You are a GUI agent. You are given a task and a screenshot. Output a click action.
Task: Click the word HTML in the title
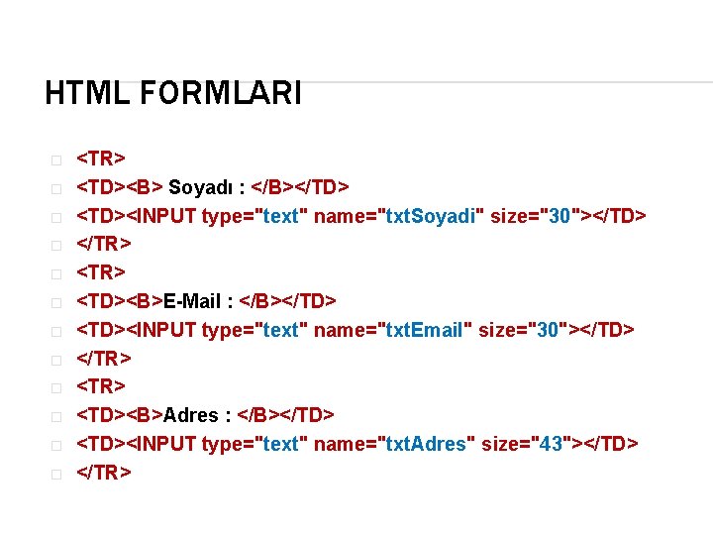(84, 94)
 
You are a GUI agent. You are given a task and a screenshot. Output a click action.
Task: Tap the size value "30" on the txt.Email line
(548, 330)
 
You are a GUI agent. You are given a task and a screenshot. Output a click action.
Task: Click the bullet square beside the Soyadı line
(56, 188)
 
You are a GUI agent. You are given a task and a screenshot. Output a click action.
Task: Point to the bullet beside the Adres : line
(56, 416)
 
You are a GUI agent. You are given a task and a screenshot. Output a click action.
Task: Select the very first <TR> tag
(101, 159)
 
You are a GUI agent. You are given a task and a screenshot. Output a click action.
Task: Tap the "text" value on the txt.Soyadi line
(281, 216)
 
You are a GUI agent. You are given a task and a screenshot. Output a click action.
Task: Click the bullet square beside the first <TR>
(56, 160)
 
